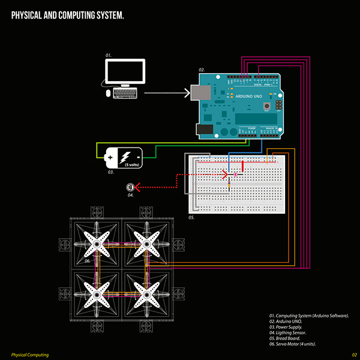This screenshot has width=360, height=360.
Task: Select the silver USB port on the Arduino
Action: point(199,92)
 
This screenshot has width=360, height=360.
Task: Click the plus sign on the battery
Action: point(110,157)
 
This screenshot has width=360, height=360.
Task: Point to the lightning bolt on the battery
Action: point(126,157)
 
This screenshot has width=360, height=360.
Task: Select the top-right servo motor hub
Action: point(146,244)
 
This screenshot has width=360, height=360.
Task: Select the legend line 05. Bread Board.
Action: point(290,338)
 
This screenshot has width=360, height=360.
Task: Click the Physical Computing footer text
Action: point(30,355)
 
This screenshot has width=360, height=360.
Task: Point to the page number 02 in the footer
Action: point(355,355)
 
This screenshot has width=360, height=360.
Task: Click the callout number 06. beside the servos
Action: point(87,261)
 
